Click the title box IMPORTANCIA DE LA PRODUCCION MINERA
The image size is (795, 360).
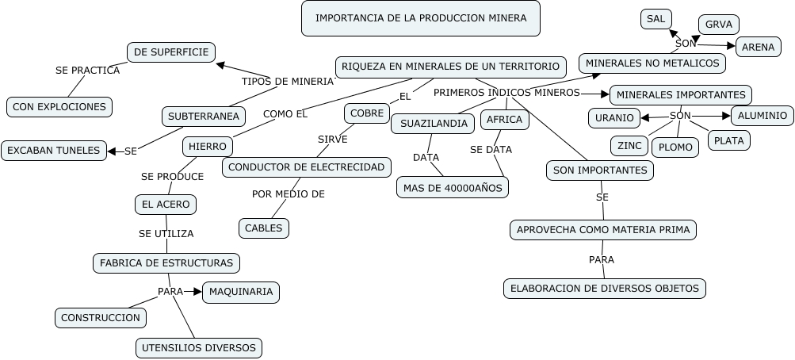[x=420, y=18]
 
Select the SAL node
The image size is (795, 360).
[x=655, y=19]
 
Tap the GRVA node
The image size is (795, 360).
[x=718, y=25]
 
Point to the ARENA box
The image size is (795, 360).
[x=759, y=48]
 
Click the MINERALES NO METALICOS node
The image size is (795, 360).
[x=652, y=63]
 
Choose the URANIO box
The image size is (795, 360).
[x=613, y=118]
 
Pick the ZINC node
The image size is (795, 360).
[x=629, y=146]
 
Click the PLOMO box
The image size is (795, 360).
[x=675, y=147]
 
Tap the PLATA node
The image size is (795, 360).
[x=728, y=140]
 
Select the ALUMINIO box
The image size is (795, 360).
[x=762, y=116]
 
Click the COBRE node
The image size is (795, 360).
[x=367, y=113]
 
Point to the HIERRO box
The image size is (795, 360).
[x=208, y=147]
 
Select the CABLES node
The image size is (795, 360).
[x=263, y=228]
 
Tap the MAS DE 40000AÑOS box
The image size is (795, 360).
[x=452, y=187]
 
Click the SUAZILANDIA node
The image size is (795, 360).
[x=433, y=124]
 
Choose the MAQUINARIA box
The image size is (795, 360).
[x=241, y=292]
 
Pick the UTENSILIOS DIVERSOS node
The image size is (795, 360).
[x=198, y=347]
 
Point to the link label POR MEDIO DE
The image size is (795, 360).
[x=289, y=193]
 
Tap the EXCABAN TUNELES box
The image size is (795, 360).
[x=54, y=150]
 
